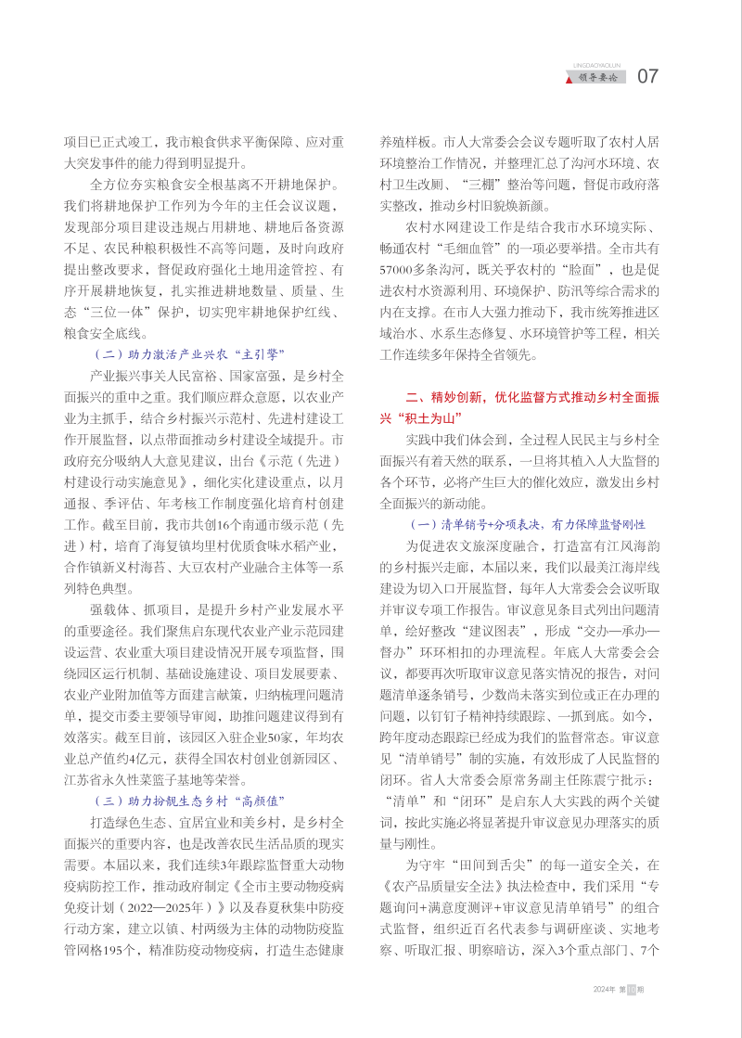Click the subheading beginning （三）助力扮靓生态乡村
pos(189,800)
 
